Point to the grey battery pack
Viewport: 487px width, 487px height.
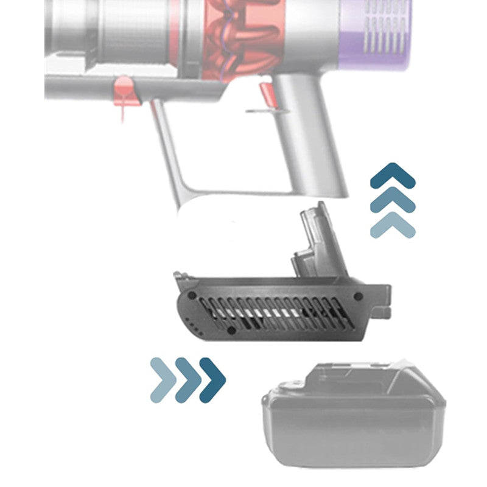coord(353,420)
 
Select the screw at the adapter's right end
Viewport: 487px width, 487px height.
coord(358,296)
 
